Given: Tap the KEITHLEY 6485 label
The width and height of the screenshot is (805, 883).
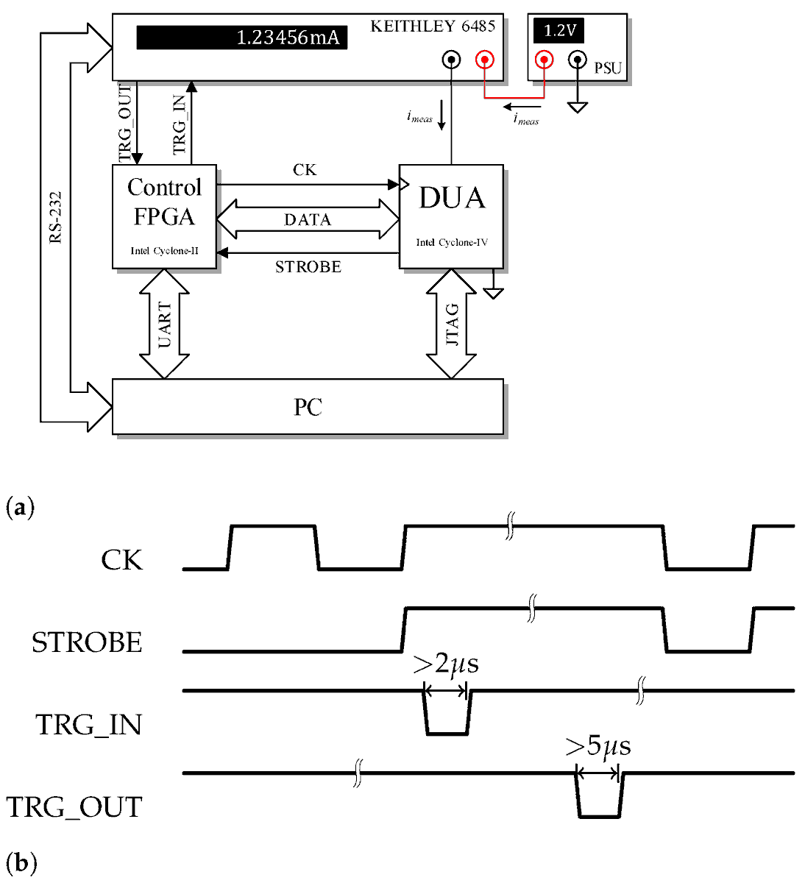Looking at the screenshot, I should point(432,26).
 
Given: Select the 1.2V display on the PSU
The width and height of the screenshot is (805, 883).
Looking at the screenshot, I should point(559,31).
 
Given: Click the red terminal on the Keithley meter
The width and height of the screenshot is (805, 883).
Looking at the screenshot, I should point(484,59).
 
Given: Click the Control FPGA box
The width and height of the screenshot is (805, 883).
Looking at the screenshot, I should point(164,216).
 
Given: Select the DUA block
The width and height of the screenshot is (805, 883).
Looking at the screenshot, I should point(451,216).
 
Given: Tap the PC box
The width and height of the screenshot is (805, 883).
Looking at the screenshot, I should point(308,407).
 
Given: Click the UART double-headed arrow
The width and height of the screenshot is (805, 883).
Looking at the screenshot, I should point(164,325).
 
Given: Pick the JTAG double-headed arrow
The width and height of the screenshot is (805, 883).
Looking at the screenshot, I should point(451,325).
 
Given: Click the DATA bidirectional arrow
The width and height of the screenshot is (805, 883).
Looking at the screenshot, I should point(308,220).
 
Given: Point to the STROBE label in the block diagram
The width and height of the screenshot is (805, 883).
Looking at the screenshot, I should point(308,267).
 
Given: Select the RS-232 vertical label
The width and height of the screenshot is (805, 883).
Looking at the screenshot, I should point(55,218).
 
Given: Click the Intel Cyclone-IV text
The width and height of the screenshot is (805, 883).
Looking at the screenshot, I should point(451,243).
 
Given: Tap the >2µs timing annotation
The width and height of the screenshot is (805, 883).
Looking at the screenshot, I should point(446,664).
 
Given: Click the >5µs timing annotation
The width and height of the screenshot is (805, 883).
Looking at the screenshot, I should point(597,747).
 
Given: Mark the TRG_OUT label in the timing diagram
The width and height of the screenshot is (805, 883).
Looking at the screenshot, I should point(74,808).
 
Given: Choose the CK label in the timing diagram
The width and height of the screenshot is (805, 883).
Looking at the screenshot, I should point(121,561).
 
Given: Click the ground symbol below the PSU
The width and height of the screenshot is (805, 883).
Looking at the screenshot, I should point(578,107).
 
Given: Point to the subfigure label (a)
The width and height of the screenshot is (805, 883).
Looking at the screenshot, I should point(20,508).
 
